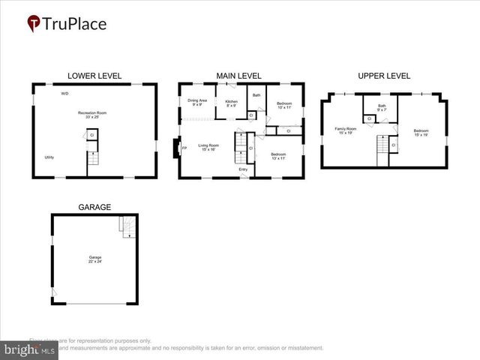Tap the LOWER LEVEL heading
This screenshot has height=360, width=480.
(94, 76)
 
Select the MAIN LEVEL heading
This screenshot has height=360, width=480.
(238, 76)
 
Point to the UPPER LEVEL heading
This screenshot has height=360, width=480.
(383, 76)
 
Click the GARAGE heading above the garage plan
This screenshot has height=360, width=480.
(94, 207)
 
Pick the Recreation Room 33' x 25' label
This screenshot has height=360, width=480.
(91, 115)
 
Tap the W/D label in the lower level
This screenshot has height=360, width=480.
(65, 94)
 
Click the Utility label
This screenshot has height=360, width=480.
(49, 157)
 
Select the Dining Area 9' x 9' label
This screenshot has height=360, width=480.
(197, 102)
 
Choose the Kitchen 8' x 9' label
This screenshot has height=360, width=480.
(232, 103)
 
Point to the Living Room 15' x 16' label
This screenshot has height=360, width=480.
(207, 148)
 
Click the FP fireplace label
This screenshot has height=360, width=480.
(184, 148)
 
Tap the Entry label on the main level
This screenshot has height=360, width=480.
(243, 169)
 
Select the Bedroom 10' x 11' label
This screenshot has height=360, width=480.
(284, 105)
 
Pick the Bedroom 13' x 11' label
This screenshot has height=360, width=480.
(278, 156)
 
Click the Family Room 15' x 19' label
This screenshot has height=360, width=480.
(346, 130)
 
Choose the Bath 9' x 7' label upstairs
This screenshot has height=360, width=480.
(382, 108)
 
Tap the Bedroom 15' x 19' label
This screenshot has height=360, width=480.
(421, 133)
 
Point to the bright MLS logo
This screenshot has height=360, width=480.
(28, 349)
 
